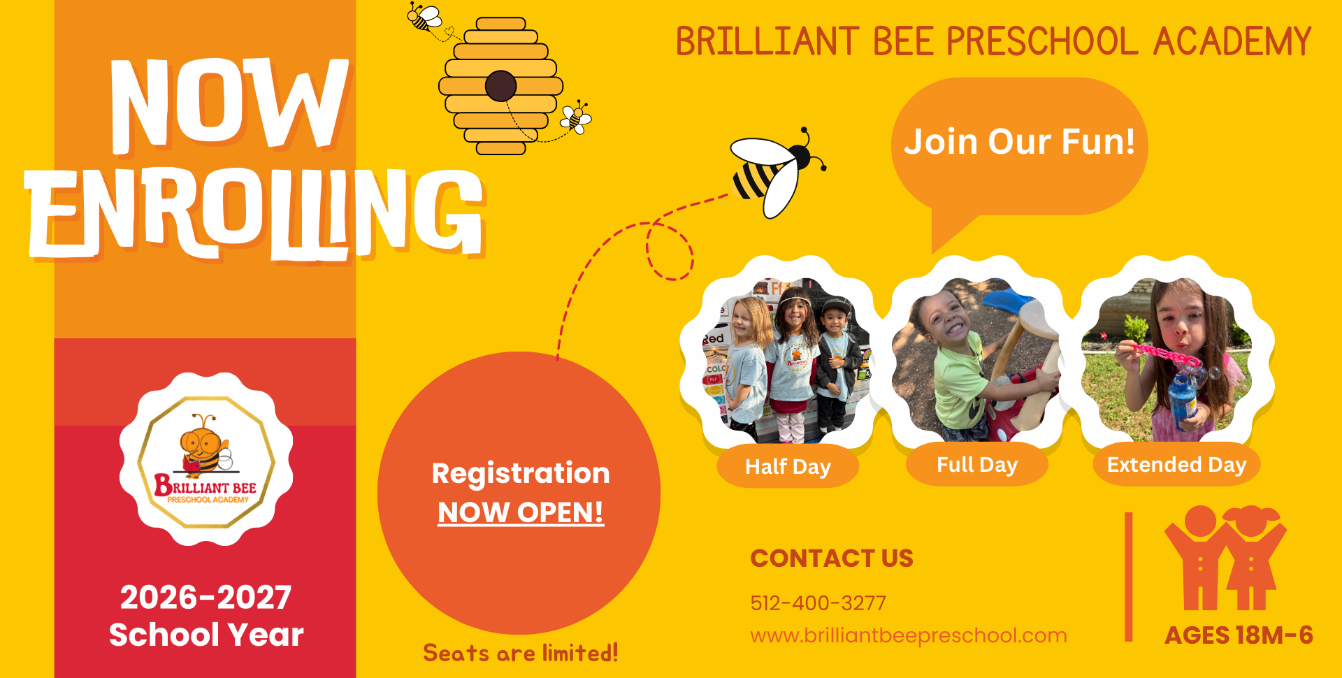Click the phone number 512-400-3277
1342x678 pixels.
pyautogui.click(x=818, y=603)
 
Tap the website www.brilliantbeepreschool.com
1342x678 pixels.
pyautogui.click(x=909, y=635)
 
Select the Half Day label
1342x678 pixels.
pyautogui.click(x=788, y=466)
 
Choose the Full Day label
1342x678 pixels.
pyautogui.click(x=977, y=465)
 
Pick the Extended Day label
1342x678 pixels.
pyautogui.click(x=1176, y=465)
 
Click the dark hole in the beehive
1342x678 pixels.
pyautogui.click(x=500, y=86)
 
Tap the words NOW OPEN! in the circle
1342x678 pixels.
pyautogui.click(x=521, y=512)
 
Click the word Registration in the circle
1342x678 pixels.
pyautogui.click(x=521, y=474)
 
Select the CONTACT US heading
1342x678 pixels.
pyautogui.click(x=832, y=558)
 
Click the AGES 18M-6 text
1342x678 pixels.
pyautogui.click(x=1239, y=635)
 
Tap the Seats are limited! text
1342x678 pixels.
pyautogui.click(x=521, y=653)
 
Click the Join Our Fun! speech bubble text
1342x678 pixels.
pyautogui.click(x=1019, y=141)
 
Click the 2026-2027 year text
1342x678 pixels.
pyautogui.click(x=205, y=598)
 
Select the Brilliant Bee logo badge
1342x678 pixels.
pyautogui.click(x=206, y=459)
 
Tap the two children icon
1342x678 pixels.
pyautogui.click(x=1225, y=558)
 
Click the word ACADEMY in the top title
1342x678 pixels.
pyautogui.click(x=1232, y=41)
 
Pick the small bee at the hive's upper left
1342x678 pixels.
pyautogui.click(x=424, y=16)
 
